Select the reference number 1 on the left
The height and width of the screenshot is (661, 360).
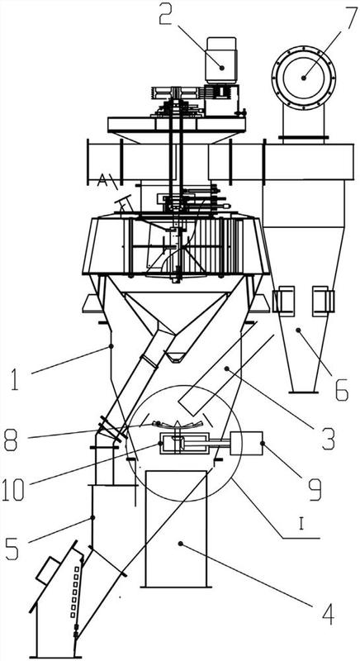(x=15, y=378)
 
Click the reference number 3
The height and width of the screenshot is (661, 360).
(x=329, y=439)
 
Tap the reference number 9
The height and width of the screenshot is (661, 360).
(x=314, y=488)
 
